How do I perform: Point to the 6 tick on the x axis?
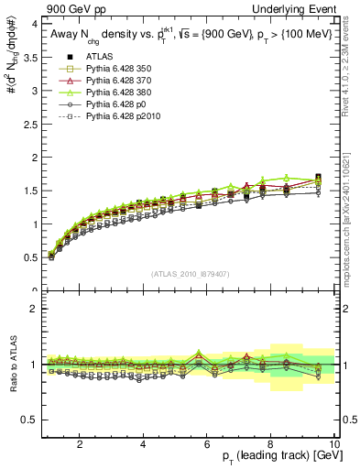[207, 444]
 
